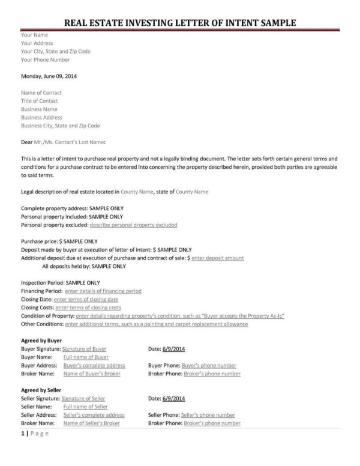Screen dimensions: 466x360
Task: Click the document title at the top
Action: click(180, 23)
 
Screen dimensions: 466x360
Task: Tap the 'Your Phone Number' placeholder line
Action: click(45, 60)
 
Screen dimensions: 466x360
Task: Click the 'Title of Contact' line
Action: click(40, 101)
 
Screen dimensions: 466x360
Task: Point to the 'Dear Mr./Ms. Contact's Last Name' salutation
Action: click(63, 142)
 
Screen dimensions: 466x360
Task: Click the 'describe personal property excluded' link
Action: click(133, 225)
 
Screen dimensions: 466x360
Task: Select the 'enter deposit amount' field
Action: click(217, 258)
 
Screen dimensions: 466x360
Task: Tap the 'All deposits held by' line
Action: click(83, 266)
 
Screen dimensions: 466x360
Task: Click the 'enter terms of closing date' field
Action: click(86, 299)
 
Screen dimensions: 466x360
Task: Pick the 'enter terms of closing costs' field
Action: click(88, 307)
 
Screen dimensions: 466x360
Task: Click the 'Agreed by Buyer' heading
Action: click(41, 340)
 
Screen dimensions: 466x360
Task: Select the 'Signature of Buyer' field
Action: click(84, 348)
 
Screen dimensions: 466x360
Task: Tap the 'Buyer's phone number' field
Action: click(209, 365)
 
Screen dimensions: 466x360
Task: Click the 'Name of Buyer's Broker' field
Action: click(92, 374)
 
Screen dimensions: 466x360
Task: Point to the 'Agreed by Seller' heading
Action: click(41, 390)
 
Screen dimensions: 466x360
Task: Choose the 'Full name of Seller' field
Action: click(86, 407)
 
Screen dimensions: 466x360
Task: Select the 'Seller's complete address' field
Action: click(94, 415)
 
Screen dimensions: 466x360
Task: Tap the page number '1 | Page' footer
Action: click(34, 434)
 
